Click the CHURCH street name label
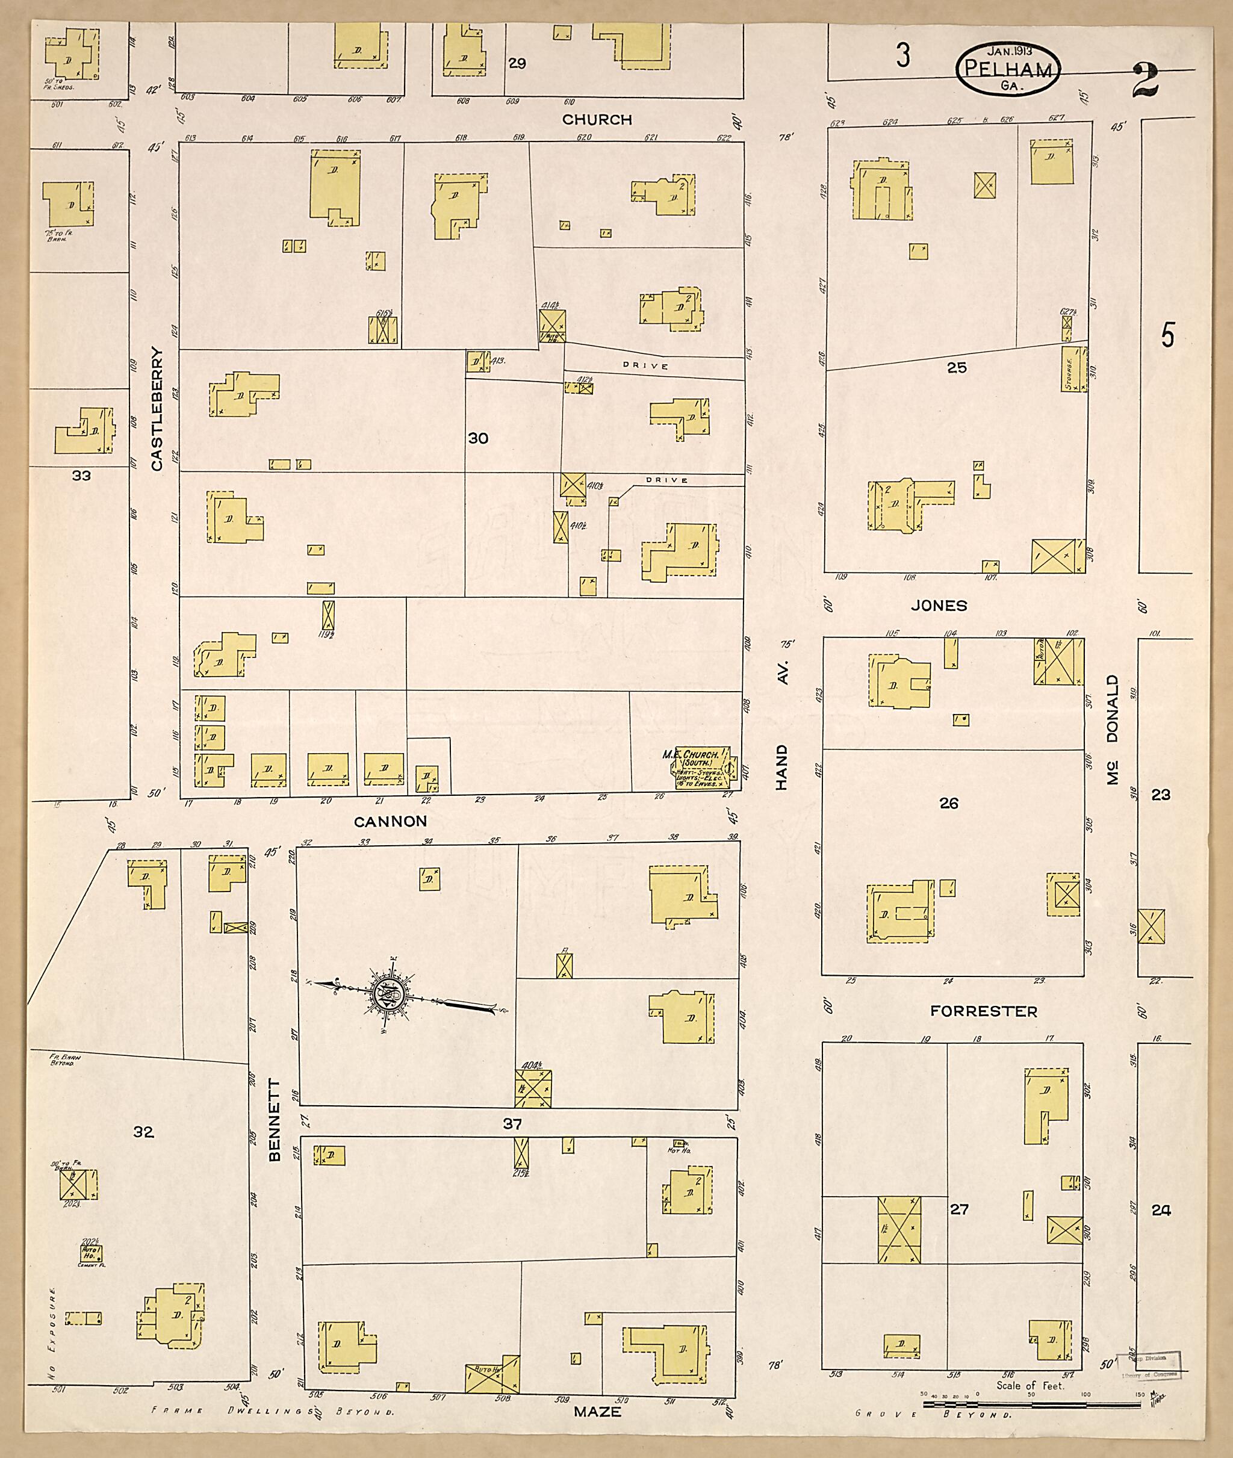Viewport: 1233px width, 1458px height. pos(596,120)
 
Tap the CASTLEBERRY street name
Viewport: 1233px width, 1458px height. pos(157,409)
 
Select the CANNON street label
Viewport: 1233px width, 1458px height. pos(390,821)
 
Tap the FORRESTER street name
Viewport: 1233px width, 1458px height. pos(984,1011)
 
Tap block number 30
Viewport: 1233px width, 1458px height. pos(478,438)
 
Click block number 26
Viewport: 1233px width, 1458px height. pos(948,803)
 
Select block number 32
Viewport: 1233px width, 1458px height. pos(143,1132)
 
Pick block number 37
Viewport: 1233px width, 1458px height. pos(512,1123)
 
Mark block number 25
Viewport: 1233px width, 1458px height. pos(956,367)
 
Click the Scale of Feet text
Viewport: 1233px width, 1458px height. pos(1030,1385)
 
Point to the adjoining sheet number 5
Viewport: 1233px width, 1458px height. pos(1168,336)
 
